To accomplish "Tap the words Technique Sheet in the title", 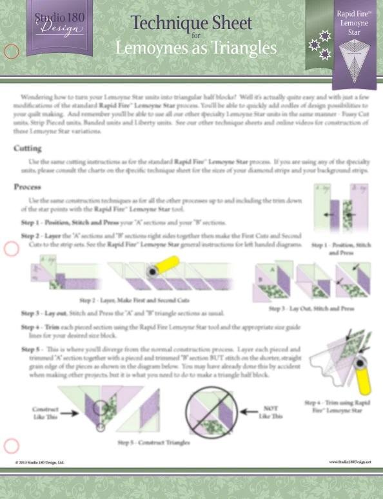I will tap(191, 23).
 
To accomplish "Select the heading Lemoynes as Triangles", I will tap(196, 48).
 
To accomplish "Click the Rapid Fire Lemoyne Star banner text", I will tap(354, 22).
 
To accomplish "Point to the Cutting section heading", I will tap(28, 148).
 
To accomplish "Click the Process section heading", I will tap(28, 187).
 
